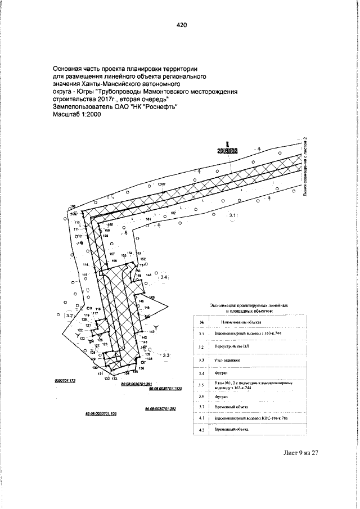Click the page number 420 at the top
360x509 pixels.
click(181, 25)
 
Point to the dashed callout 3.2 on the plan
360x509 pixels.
click(70, 316)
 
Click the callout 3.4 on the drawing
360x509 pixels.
click(164, 277)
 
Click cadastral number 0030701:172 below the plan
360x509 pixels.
click(65, 381)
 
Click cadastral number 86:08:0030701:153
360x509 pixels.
click(101, 412)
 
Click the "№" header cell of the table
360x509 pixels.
click(201, 322)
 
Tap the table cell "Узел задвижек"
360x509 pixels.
click(227, 360)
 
